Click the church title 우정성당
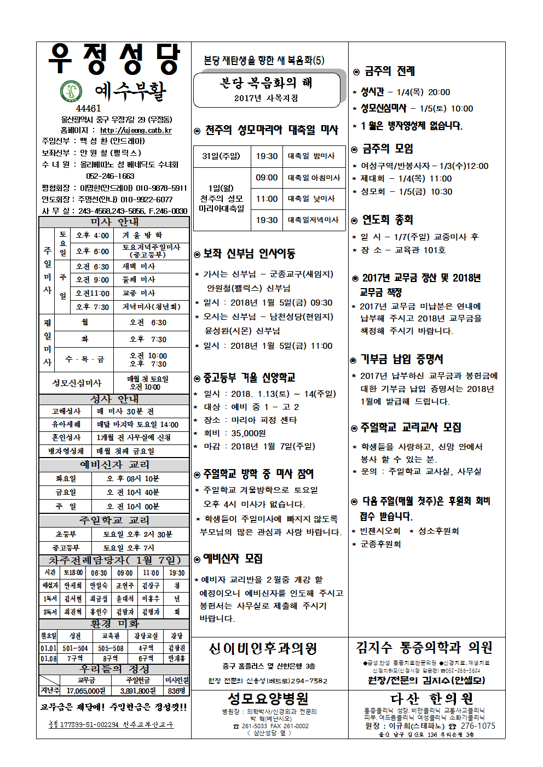[114, 59]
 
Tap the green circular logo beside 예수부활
[71, 91]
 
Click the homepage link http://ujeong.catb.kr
[136, 131]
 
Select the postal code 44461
[89, 108]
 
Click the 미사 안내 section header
[114, 222]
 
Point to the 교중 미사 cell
[139, 293]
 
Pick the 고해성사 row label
[66, 411]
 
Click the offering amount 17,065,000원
[86, 691]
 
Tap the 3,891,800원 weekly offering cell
[137, 691]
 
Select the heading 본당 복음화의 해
[266, 83]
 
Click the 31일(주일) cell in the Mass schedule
[221, 156]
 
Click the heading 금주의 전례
[390, 71]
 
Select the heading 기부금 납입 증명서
[402, 359]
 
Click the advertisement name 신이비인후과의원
[263, 649]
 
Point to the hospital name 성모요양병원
[268, 699]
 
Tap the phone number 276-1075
[478, 726]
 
